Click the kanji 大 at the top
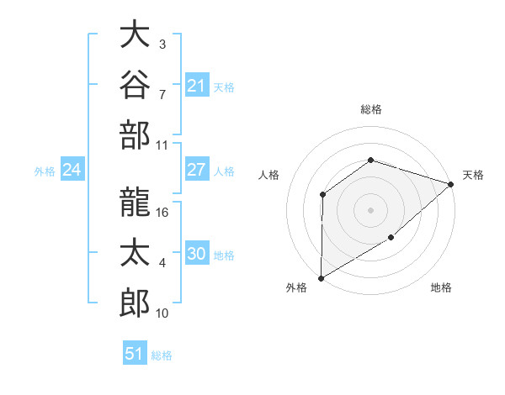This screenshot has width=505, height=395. [135, 34]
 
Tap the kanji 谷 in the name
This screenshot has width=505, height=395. [135, 84]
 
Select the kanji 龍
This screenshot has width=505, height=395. [135, 202]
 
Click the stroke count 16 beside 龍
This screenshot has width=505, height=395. [162, 213]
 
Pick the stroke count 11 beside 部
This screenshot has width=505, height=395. [162, 145]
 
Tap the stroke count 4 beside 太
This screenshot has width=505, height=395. [162, 263]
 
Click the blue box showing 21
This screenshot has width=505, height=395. [197, 85]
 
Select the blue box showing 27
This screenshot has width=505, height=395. [197, 169]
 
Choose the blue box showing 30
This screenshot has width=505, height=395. [197, 252]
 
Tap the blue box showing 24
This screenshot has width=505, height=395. [72, 169]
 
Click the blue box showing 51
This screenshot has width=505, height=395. [135, 352]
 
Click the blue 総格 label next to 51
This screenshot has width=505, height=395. [162, 355]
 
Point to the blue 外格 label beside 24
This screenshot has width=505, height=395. [45, 171]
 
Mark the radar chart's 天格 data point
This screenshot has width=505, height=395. [451, 184]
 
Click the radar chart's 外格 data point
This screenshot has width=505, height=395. [321, 278]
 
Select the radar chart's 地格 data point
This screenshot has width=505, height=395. [391, 237]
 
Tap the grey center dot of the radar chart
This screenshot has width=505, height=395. [370, 210]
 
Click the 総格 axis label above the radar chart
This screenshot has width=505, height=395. [371, 109]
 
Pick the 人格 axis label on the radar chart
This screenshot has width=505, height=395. [268, 175]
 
